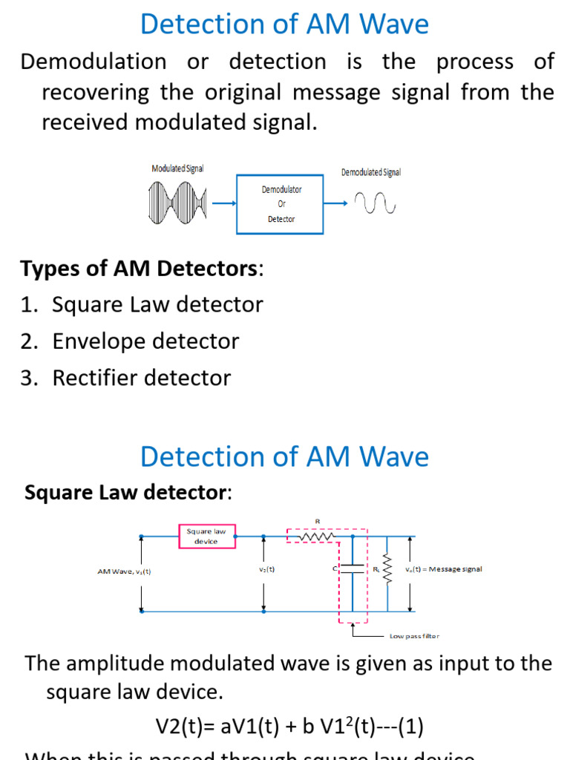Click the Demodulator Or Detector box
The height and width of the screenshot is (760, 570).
[x=281, y=203]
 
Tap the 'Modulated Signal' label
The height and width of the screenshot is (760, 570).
[x=177, y=169]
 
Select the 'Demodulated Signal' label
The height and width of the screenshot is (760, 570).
[x=370, y=172]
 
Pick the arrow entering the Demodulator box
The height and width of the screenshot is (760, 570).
[x=223, y=203]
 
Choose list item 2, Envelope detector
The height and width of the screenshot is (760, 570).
[x=145, y=341]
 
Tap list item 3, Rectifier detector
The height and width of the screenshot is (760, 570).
[x=141, y=378]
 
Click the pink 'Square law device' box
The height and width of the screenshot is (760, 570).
[x=206, y=537]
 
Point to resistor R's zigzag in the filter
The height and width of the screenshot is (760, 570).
[x=315, y=535]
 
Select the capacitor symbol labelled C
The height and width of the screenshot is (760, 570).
[x=352, y=569]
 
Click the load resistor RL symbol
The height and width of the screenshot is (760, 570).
[x=386, y=569]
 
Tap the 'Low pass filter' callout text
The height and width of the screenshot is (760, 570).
[x=414, y=636]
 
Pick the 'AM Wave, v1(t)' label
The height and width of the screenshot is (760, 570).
[x=124, y=571]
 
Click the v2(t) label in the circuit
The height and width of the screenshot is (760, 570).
[x=267, y=569]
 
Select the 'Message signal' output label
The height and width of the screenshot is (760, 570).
[x=444, y=569]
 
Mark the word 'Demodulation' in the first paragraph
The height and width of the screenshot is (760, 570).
[x=94, y=62]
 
